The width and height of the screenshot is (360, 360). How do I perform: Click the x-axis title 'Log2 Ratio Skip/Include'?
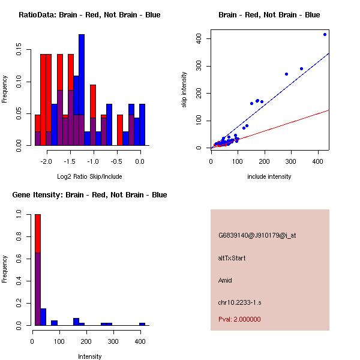point(89,176)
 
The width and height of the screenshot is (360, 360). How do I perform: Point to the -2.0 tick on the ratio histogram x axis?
point(46,149)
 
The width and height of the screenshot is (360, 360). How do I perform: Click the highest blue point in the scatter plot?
point(325,34)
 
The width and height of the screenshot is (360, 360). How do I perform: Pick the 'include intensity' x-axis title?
point(269,176)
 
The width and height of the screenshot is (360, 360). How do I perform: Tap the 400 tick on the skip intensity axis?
point(206,39)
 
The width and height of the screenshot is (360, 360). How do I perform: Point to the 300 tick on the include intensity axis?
point(291,152)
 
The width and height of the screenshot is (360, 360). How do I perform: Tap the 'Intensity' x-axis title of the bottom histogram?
point(90,356)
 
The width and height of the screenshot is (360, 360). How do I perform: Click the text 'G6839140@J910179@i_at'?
point(257,235)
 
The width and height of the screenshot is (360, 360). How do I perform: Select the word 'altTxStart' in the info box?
point(232,258)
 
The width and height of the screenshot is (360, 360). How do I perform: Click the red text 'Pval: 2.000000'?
point(239,319)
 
